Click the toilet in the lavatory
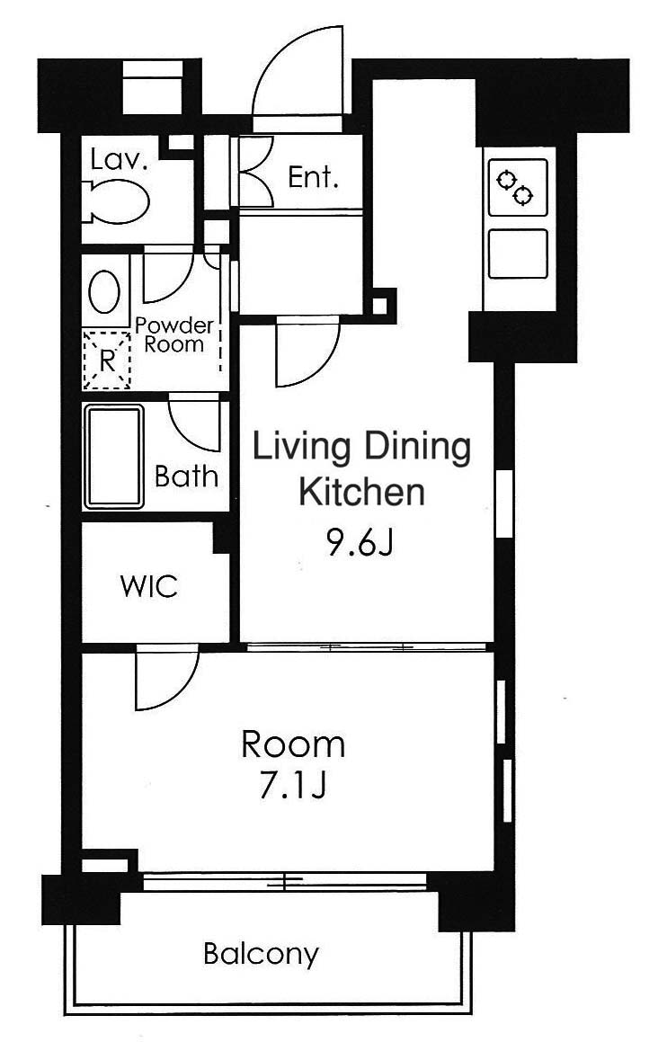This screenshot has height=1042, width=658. pos(116,201)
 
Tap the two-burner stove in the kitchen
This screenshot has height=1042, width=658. pos(518,187)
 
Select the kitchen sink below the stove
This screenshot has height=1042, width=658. pos(518,254)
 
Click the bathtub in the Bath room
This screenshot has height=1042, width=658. pos(113,457)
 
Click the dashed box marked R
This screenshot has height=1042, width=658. pos(106,360)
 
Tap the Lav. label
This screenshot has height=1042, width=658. pos(118,160)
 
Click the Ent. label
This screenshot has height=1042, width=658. pos(313,177)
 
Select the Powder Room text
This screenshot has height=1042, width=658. pos(174,335)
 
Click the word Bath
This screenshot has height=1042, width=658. pos(186,476)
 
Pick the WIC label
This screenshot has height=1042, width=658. pos(149,586)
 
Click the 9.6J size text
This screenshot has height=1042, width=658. pos(360,544)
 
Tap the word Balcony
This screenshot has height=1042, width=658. pos(262,955)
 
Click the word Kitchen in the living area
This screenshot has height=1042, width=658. pos(361,493)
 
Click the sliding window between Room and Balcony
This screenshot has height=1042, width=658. pos(284,882)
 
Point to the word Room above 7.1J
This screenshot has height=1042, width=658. pos(293,745)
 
